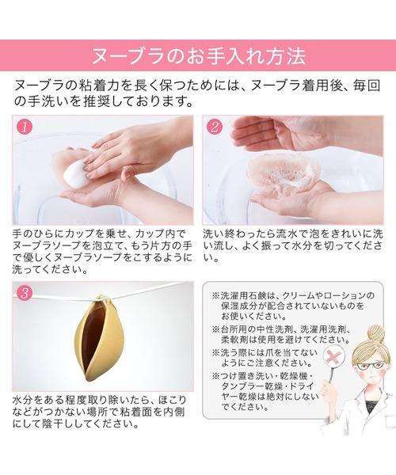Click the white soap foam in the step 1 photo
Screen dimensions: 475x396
[77, 168]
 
